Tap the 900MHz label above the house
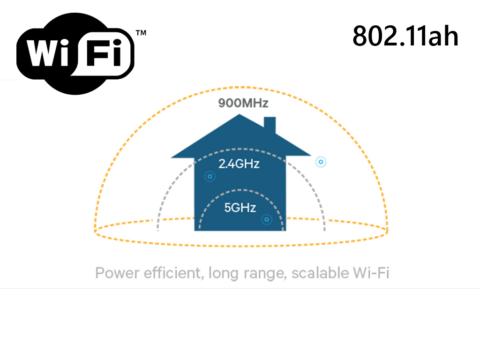[x=243, y=103]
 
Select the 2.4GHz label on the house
[x=239, y=164]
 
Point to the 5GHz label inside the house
[x=240, y=208]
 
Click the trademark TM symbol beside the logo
[x=141, y=33]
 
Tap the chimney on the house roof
[x=270, y=125]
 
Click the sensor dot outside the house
[x=321, y=162]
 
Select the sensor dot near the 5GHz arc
[x=267, y=219]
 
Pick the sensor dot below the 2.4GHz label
[x=210, y=177]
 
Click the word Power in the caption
[x=115, y=273]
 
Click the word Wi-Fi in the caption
[x=372, y=273]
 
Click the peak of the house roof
[x=240, y=116]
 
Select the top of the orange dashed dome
[x=241, y=88]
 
